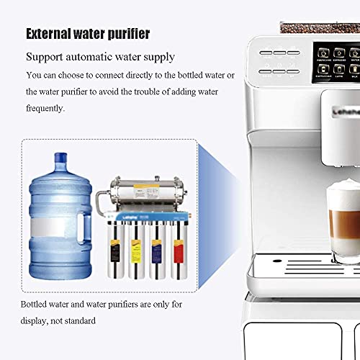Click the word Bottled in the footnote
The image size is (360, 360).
click(37, 305)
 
